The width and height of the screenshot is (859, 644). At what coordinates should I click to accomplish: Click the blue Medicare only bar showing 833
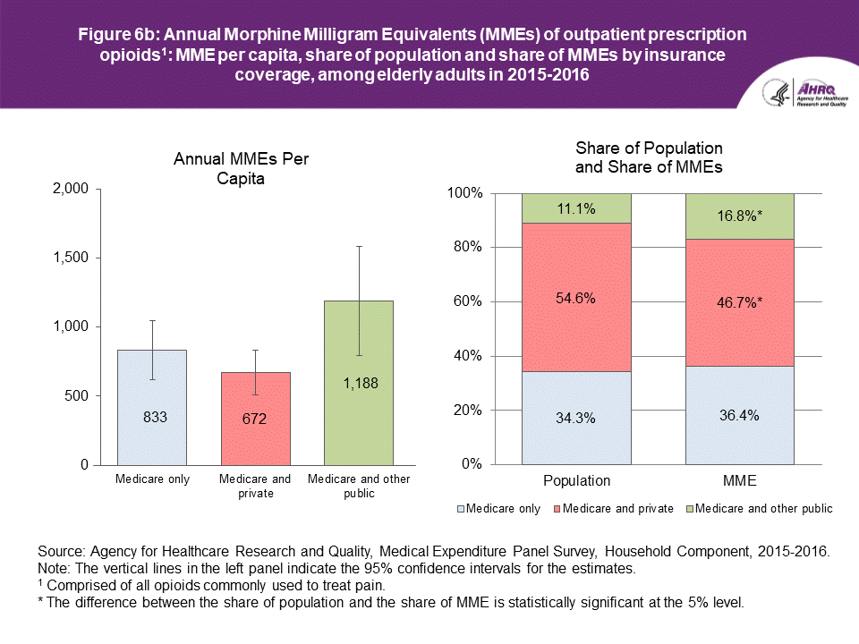[152, 407]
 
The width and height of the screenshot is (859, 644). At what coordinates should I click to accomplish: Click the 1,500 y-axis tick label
[70, 258]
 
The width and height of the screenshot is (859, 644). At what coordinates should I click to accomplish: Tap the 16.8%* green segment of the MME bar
[740, 216]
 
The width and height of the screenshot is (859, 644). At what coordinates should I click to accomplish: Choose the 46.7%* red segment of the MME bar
[740, 302]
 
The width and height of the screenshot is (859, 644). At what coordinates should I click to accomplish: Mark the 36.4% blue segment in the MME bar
[740, 415]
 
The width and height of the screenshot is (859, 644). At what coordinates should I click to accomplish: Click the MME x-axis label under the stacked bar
[740, 480]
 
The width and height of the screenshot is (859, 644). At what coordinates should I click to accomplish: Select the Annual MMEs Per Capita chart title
[247, 168]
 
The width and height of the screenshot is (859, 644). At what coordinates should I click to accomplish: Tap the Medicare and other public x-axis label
[358, 485]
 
